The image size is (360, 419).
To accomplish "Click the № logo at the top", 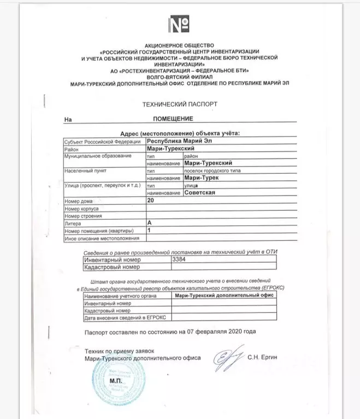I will pyautogui.click(x=180, y=25).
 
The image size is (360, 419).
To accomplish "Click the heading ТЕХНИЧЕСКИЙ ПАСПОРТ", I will pyautogui.click(x=180, y=103).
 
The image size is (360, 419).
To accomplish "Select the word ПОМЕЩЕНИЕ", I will pyautogui.click(x=173, y=119).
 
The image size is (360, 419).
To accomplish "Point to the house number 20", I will pyautogui.click(x=151, y=201).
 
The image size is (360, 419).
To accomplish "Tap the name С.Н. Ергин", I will pyautogui.click(x=266, y=358).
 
